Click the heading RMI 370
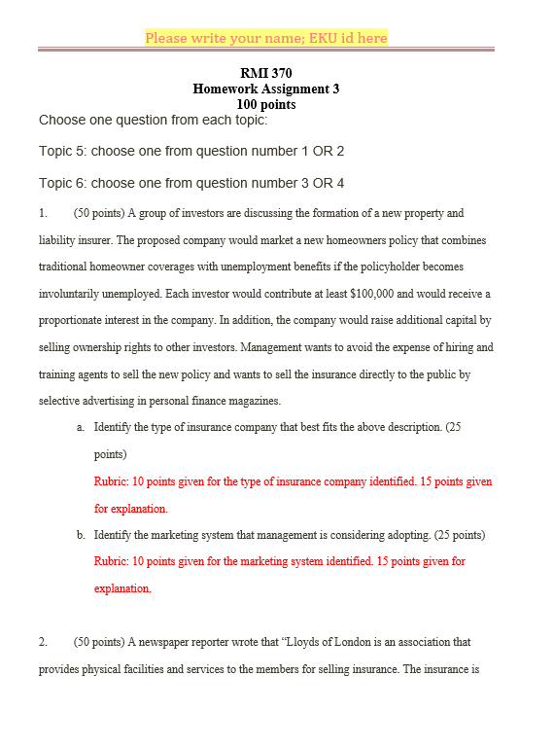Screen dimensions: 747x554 pyautogui.click(x=265, y=73)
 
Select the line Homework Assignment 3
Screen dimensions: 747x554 pyautogui.click(x=265, y=89)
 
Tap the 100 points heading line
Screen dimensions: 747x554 pyautogui.click(x=265, y=104)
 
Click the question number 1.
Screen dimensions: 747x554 pyautogui.click(x=43, y=213)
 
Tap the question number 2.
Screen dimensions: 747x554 pyautogui.click(x=43, y=642)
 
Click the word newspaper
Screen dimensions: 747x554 pyautogui.click(x=160, y=642)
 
